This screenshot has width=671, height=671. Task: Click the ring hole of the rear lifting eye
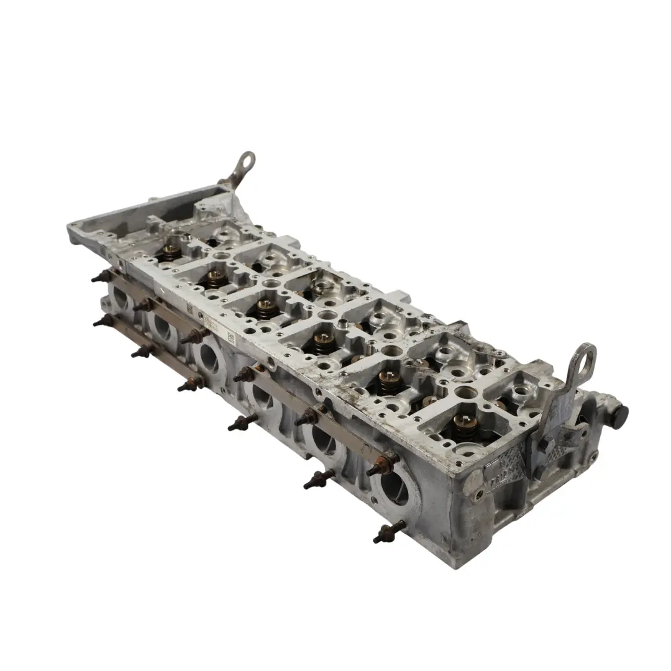tap(247, 160)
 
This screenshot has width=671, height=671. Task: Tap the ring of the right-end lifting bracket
tap(585, 360)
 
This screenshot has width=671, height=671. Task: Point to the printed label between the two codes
tap(208, 323)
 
